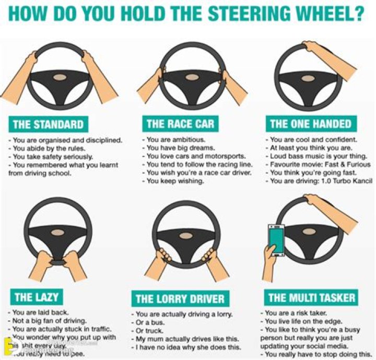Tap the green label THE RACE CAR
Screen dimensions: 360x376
click(x=180, y=124)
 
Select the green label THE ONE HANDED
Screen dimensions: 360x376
click(x=310, y=124)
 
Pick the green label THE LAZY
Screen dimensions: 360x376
click(x=36, y=298)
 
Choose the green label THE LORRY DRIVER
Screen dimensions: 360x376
click(x=180, y=299)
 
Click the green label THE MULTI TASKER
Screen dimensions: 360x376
click(x=312, y=298)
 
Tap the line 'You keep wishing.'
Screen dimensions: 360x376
click(x=175, y=181)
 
